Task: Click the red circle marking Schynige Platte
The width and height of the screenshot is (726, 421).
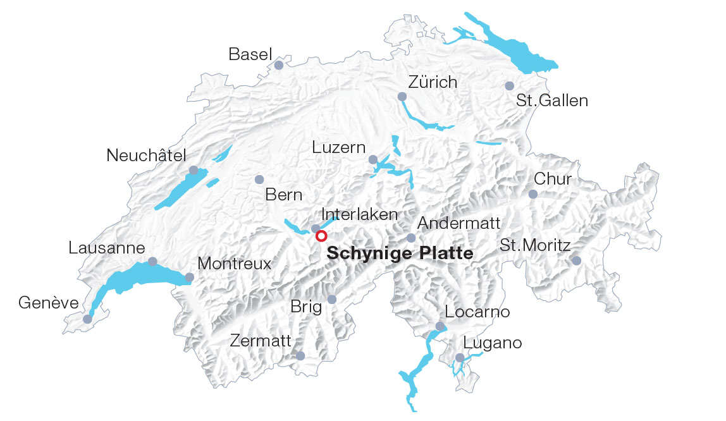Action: tap(321, 236)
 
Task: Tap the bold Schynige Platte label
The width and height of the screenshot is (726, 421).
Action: tap(400, 254)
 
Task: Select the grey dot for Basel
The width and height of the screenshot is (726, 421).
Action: tap(279, 65)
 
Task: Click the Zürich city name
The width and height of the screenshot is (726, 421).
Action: tap(433, 82)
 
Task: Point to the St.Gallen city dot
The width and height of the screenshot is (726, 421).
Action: tap(510, 86)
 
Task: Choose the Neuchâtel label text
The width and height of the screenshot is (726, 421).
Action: tap(147, 156)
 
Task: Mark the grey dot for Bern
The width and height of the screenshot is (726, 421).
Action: tap(259, 180)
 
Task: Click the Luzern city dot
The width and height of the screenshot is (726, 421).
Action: tap(373, 159)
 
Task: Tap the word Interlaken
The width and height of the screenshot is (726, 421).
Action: tap(360, 214)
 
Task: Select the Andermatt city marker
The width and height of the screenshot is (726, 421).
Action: tap(411, 238)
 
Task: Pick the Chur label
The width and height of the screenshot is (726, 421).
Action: tap(553, 179)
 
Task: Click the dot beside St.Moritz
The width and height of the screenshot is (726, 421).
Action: tap(576, 260)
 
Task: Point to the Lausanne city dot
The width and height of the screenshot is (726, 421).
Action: tap(152, 261)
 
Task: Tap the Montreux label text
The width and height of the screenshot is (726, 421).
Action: tap(234, 264)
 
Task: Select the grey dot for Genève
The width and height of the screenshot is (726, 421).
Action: tap(87, 319)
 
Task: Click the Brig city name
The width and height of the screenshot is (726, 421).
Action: tap(306, 307)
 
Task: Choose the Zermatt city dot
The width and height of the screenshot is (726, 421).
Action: tap(300, 357)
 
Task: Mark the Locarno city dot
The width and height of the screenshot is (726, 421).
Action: tap(440, 326)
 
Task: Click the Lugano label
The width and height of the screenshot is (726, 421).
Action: tap(493, 343)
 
